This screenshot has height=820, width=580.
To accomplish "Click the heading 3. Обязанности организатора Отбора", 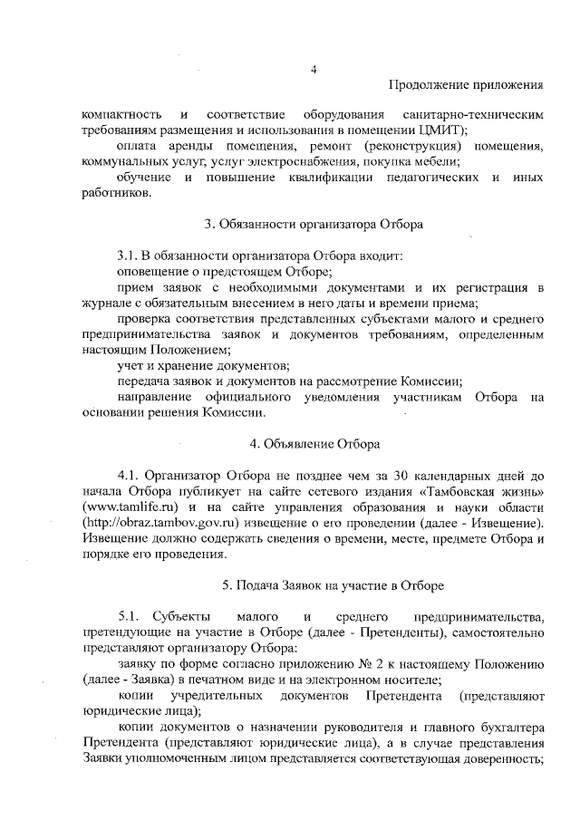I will pos(313,223).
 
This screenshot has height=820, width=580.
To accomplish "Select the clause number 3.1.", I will pos(131,255).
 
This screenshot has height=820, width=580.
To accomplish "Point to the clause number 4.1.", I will pos(130,475).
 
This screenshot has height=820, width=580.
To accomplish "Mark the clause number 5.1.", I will pos(131,616).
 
